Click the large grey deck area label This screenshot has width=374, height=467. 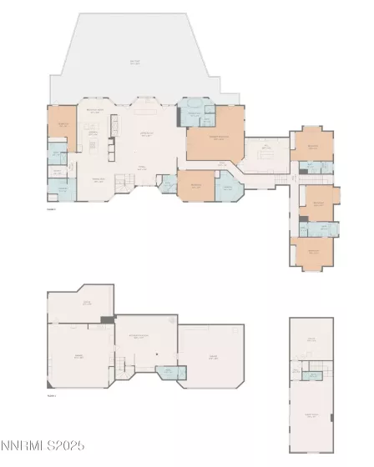click(134, 62)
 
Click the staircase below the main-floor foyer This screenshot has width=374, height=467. click(121, 180)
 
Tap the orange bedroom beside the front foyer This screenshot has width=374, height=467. click(195, 186)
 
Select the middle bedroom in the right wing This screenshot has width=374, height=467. click(319, 203)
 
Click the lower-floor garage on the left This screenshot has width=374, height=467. click(80, 357)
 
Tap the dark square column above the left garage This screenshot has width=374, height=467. click(106, 319)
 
